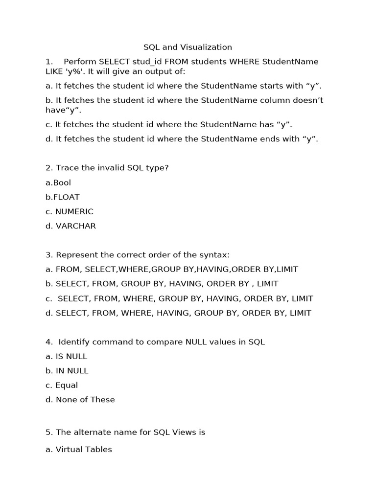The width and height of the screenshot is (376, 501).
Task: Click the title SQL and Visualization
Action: click(x=188, y=47)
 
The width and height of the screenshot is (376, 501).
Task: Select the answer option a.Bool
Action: click(x=58, y=183)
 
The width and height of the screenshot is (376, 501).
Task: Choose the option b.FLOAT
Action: click(x=63, y=197)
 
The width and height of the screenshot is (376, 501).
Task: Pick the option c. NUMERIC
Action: click(x=69, y=212)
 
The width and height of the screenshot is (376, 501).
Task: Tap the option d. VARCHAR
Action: click(x=70, y=226)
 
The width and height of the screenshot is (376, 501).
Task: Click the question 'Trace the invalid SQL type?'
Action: click(x=107, y=168)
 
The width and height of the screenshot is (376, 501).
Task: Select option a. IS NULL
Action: click(x=66, y=357)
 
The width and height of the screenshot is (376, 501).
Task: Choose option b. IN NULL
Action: click(x=67, y=371)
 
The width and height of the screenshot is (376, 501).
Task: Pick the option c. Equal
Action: click(x=62, y=386)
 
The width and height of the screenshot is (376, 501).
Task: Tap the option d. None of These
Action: click(x=80, y=400)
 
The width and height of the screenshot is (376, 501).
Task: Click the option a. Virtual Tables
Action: click(x=79, y=450)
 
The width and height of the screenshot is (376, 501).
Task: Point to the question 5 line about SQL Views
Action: click(x=125, y=433)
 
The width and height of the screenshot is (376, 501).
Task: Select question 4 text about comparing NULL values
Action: click(x=156, y=342)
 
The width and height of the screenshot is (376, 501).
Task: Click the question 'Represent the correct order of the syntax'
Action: click(x=137, y=255)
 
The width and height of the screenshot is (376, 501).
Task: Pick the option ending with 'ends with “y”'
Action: click(x=182, y=139)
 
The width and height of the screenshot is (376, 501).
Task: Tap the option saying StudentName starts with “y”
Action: click(x=184, y=86)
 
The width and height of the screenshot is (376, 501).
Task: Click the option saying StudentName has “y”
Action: click(x=169, y=125)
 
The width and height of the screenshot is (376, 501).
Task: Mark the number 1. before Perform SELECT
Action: click(x=49, y=62)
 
